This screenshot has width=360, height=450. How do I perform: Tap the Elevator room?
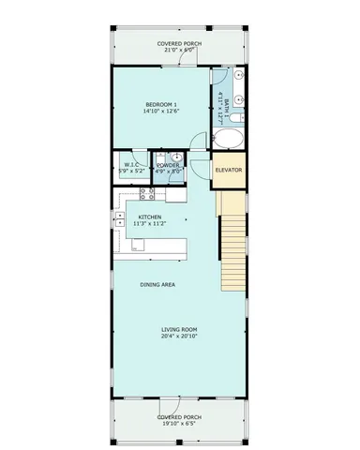click(x=229, y=170)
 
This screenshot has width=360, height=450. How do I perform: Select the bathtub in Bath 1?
click(x=228, y=139)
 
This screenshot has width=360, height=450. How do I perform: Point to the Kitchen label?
click(x=148, y=216)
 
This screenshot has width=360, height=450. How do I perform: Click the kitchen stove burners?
click(x=146, y=194)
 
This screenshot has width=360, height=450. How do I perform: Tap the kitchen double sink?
click(x=120, y=222)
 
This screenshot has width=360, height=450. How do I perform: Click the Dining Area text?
click(x=158, y=284)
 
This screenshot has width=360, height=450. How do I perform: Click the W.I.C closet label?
click(x=131, y=165)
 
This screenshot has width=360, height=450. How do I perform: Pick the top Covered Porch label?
click(x=179, y=42)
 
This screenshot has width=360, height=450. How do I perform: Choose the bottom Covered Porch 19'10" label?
click(x=178, y=416)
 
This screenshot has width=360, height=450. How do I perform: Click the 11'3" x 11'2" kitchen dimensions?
click(x=148, y=223)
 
